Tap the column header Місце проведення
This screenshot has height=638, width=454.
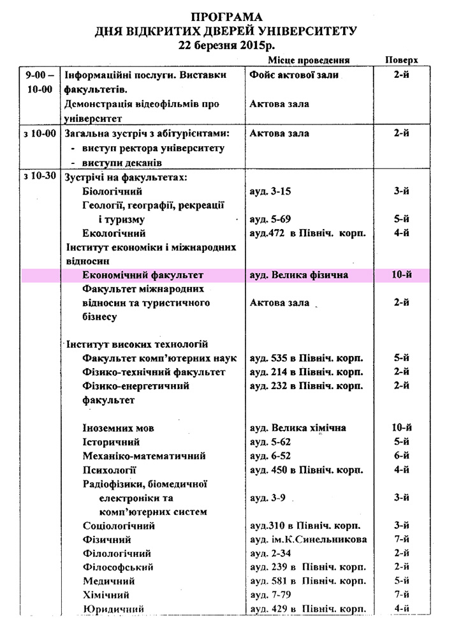(309, 59)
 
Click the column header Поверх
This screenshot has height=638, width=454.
(402, 59)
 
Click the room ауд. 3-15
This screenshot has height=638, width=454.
(270, 191)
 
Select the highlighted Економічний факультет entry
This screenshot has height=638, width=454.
(143, 275)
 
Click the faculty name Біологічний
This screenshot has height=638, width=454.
(112, 191)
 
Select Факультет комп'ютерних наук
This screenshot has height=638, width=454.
(156, 359)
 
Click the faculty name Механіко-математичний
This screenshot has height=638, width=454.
(144, 456)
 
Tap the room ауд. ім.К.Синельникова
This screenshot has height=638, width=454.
(308, 540)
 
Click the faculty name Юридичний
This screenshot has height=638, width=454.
(113, 609)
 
